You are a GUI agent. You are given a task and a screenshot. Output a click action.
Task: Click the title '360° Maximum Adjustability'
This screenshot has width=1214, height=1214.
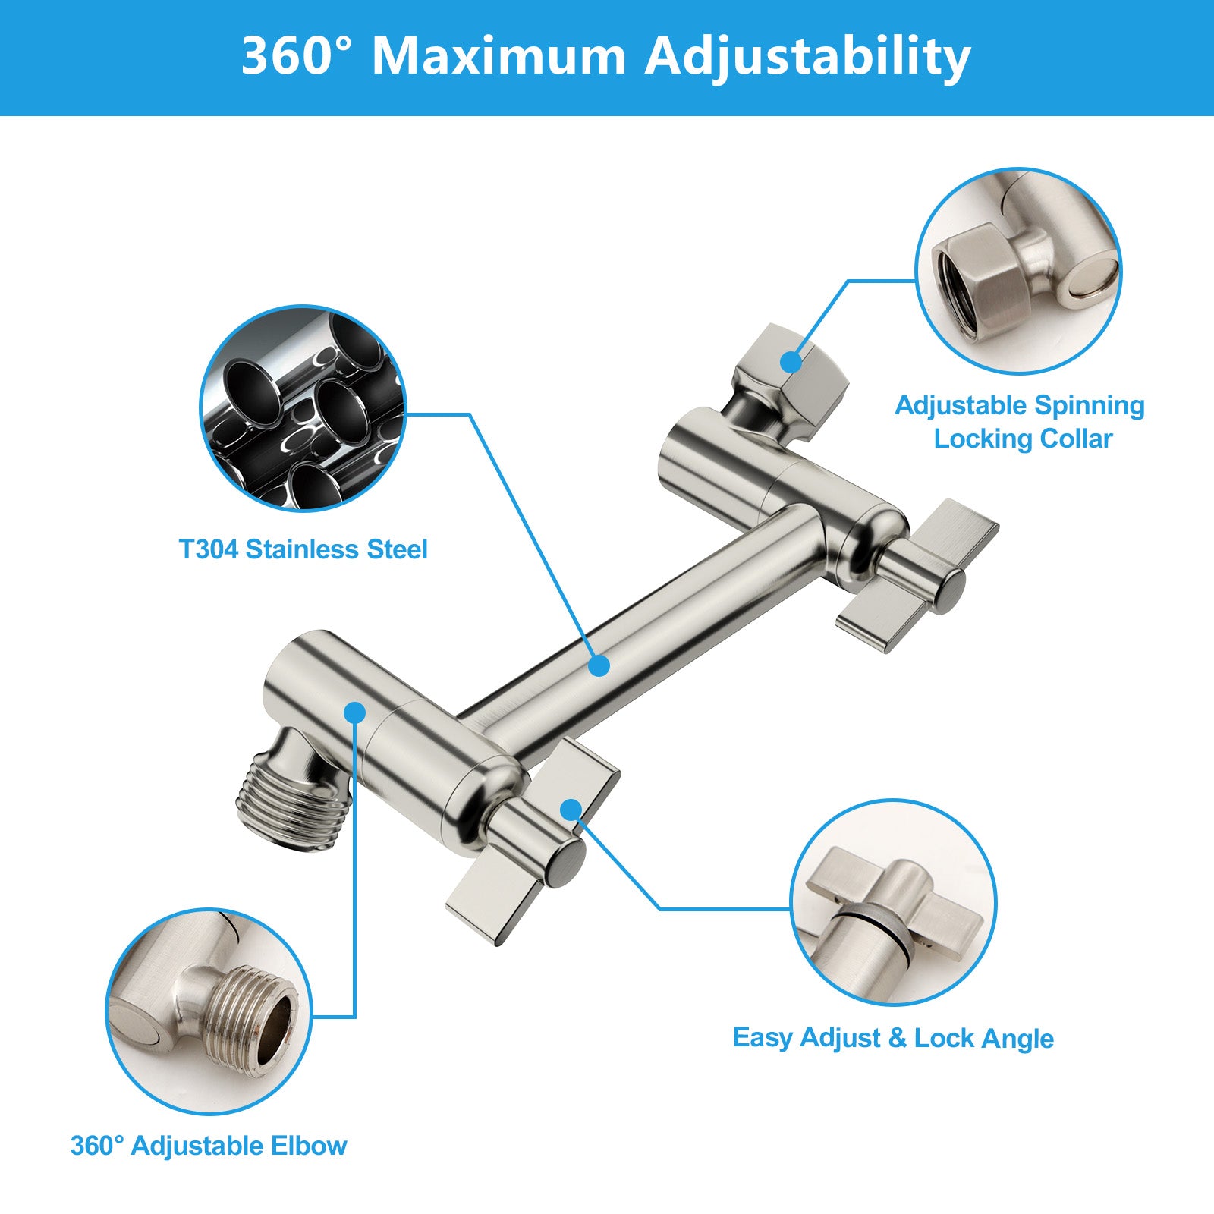pos(605,56)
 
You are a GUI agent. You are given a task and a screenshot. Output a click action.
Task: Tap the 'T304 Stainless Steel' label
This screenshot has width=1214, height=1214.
pos(303,549)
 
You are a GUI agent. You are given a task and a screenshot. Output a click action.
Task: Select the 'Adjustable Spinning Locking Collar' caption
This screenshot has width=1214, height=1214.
pos(1021,422)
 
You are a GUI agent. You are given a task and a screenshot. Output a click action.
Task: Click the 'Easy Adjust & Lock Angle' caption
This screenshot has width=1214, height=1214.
pos(893,1037)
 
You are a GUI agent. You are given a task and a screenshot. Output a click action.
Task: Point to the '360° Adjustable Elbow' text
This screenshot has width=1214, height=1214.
pos(209,1145)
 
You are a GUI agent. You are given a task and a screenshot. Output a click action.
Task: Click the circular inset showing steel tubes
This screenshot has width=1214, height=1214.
pos(303,408)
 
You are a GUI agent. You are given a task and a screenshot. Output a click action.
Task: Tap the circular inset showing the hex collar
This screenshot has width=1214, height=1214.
pos(1018,271)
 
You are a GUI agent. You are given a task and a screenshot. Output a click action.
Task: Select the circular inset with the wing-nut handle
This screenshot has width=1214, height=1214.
pos(893,902)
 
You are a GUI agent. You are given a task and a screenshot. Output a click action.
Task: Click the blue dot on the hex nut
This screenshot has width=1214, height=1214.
pos(791,362)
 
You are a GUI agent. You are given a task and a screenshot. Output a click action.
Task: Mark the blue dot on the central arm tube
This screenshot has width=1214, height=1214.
pos(599,665)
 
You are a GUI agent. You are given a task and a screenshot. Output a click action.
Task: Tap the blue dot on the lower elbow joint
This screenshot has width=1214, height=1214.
pos(354,712)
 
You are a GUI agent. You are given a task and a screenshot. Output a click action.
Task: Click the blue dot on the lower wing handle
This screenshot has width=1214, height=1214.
pos(571,810)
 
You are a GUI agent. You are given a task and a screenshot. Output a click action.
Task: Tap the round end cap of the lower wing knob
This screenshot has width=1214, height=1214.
pos(565,863)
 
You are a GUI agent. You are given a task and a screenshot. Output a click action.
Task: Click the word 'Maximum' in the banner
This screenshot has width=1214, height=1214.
pos(499,56)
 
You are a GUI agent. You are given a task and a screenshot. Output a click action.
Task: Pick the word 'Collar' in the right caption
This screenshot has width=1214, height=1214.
pos(1076,439)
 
